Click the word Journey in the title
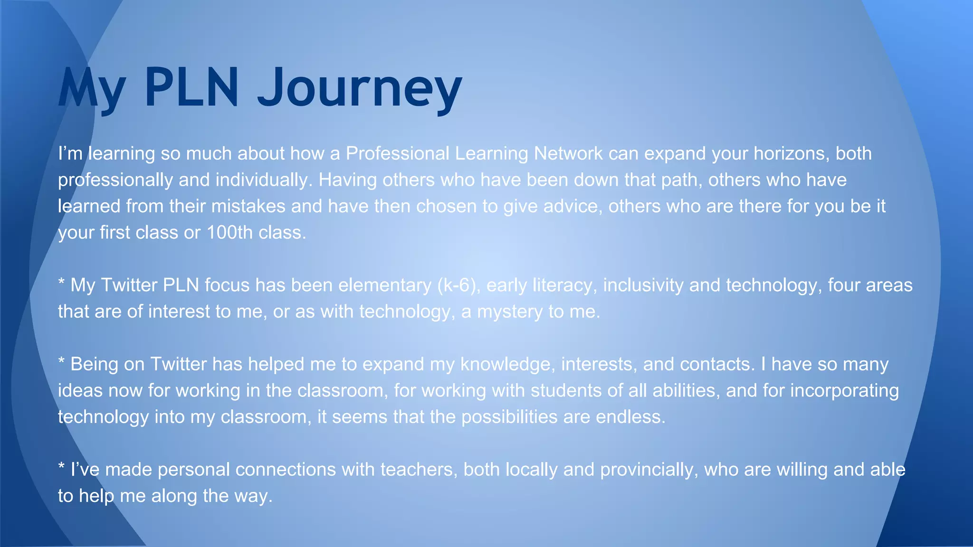coord(360,88)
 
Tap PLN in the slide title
coord(191,88)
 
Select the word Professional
coord(397,153)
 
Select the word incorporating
coord(844,390)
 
